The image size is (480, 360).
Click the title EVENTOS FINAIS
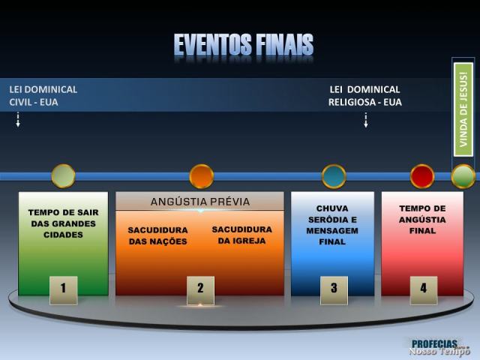click(x=244, y=45)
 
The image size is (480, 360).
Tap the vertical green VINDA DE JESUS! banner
click(x=463, y=109)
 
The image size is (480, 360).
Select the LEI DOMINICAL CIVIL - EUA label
click(x=43, y=95)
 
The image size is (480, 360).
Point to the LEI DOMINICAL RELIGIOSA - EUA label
click(x=364, y=95)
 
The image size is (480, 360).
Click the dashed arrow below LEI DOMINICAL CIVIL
click(x=17, y=119)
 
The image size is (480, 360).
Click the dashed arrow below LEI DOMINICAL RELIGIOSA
click(x=365, y=120)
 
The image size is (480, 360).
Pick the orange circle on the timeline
click(x=201, y=176)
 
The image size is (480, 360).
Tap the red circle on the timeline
click(x=422, y=176)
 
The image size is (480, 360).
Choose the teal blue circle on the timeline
click(x=334, y=176)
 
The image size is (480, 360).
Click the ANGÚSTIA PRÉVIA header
click(x=200, y=202)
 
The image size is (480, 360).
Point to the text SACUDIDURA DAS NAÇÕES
click(x=157, y=235)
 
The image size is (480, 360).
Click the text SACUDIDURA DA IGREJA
click(x=241, y=235)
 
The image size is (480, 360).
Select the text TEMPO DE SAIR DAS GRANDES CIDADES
click(x=63, y=223)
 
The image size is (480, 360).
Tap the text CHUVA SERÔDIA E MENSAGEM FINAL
click(x=332, y=225)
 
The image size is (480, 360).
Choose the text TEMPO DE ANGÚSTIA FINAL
click(x=422, y=220)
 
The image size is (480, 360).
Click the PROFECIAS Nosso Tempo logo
click(x=439, y=346)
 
